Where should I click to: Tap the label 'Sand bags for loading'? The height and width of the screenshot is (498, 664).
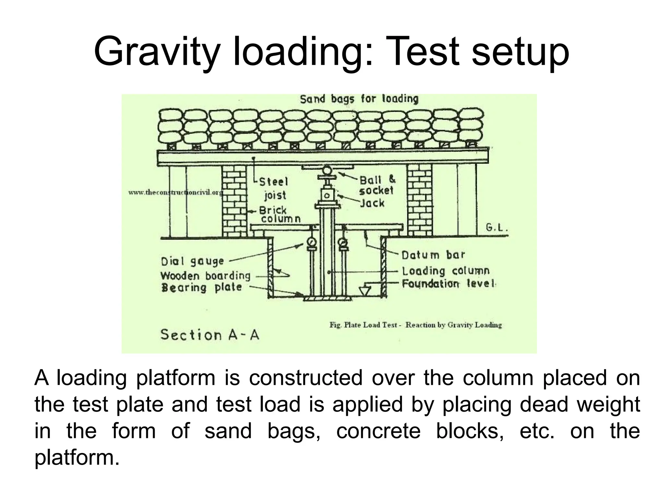359,99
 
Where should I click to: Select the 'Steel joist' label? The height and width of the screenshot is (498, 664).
274,188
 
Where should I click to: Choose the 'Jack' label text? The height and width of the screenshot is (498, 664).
373,203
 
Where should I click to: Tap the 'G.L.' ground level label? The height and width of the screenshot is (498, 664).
496,228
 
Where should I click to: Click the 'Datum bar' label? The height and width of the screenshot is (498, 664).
433,255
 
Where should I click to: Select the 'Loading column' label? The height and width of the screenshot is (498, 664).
445,271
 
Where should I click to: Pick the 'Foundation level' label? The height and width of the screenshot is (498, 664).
449,284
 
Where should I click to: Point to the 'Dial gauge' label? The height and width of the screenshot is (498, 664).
193,261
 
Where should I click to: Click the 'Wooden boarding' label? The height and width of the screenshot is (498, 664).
206,276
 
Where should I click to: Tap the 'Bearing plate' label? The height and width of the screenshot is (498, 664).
201,288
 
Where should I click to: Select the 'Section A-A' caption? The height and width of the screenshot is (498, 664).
210,335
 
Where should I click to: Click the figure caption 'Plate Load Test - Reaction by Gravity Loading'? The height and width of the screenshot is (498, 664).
416,325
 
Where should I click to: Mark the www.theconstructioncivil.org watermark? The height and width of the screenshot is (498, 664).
175,193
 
